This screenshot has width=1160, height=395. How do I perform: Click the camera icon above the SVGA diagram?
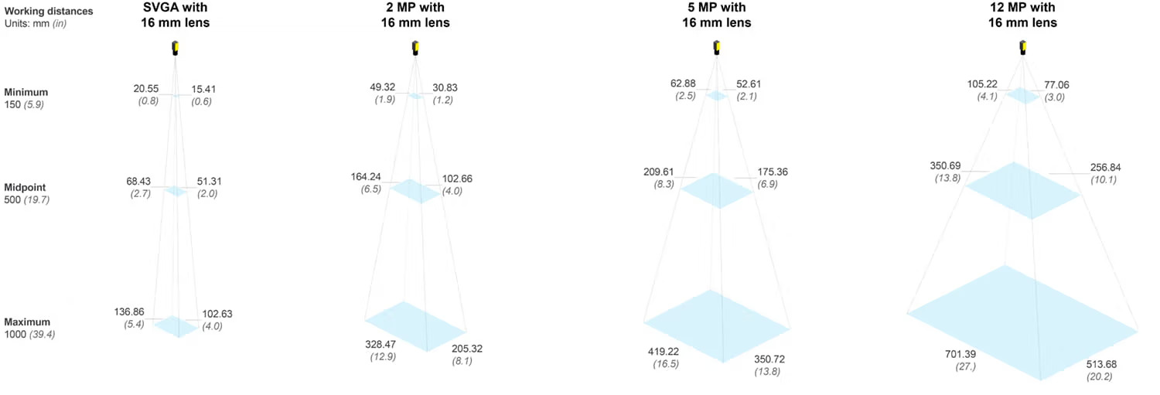(176, 49)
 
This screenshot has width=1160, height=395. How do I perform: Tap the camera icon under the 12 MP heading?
(1022, 49)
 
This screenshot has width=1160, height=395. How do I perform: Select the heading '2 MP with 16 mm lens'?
(415, 15)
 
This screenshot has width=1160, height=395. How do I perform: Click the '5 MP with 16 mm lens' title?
(716, 15)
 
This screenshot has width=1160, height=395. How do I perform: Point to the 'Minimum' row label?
(26, 92)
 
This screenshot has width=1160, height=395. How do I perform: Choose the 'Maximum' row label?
(27, 322)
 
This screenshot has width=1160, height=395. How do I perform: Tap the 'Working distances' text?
(48, 12)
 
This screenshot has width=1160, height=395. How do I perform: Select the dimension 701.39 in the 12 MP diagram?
(960, 354)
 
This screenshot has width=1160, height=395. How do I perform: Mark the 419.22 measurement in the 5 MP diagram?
(664, 351)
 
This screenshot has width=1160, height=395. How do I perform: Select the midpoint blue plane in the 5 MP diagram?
(716, 191)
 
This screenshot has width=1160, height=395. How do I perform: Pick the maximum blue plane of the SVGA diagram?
(176, 326)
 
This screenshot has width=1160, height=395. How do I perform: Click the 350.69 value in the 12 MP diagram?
(950, 166)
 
